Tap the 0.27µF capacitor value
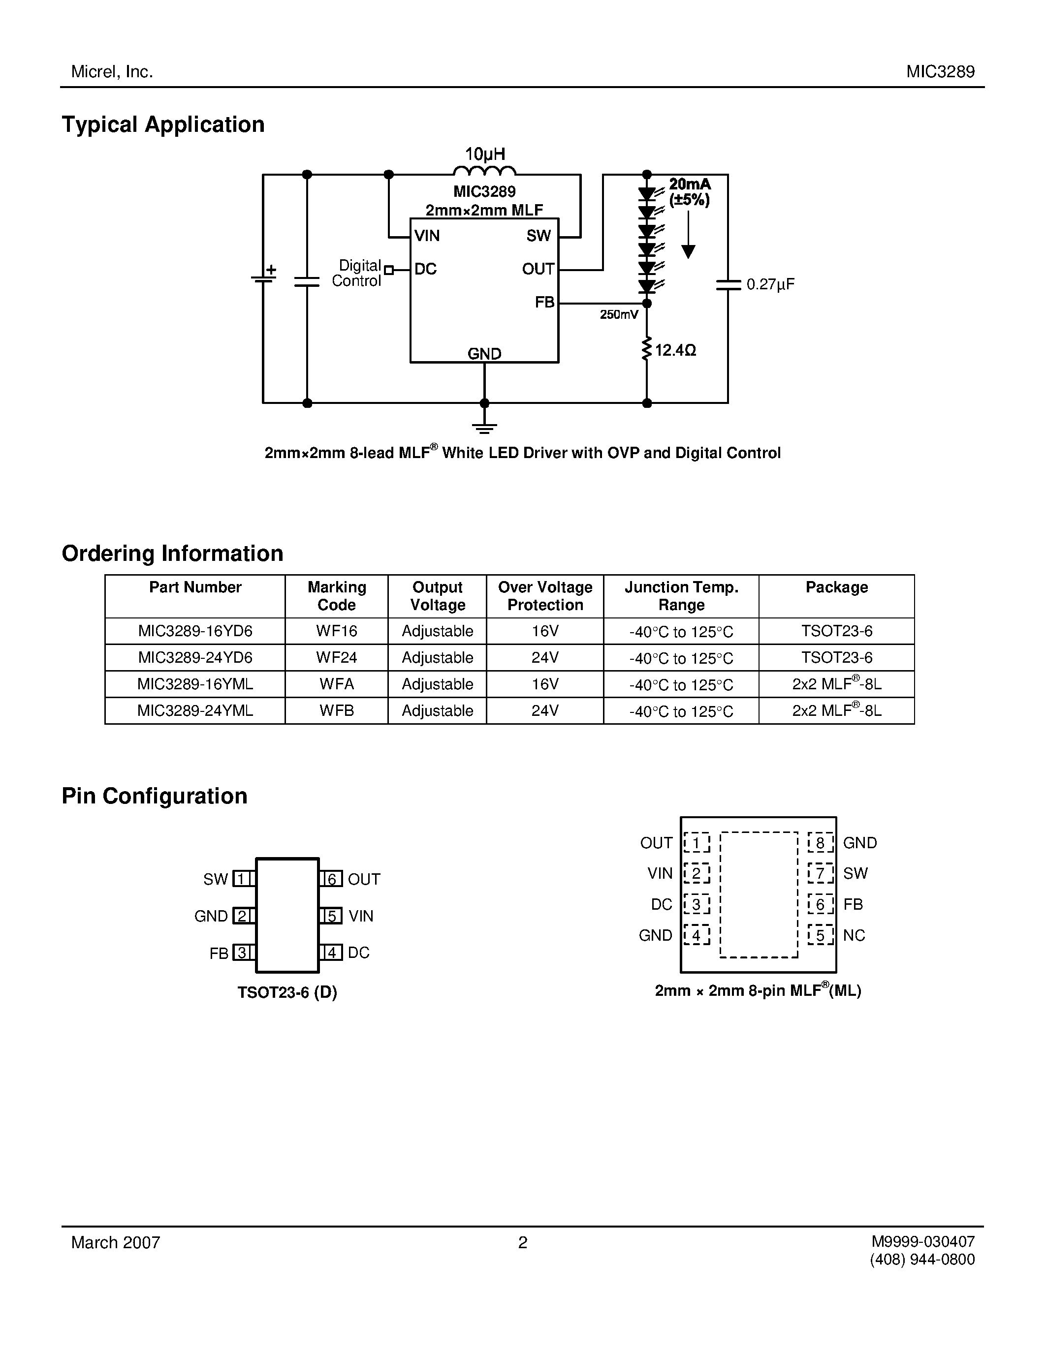(x=770, y=284)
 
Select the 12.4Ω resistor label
(x=675, y=351)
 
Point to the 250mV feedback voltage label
(x=618, y=315)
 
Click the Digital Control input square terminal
(x=388, y=270)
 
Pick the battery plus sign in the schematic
(x=271, y=270)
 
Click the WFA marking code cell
(x=337, y=684)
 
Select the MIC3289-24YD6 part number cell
(x=195, y=657)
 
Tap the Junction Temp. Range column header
(x=681, y=596)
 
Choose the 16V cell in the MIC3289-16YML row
(x=545, y=684)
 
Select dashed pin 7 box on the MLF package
(x=820, y=873)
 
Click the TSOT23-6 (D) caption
(x=287, y=992)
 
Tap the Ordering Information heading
(x=172, y=553)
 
